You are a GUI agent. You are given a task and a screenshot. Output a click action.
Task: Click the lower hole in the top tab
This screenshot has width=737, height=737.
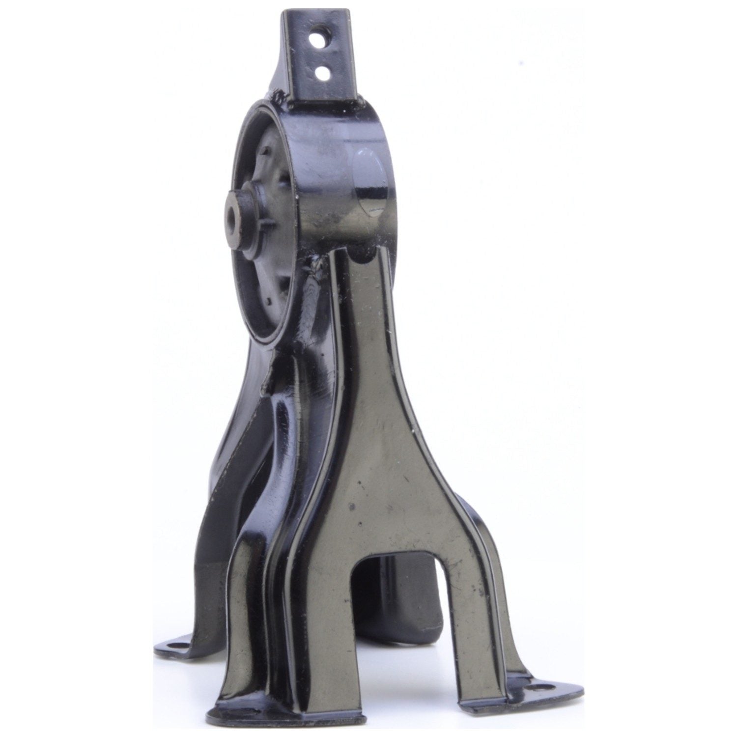coord(323,73)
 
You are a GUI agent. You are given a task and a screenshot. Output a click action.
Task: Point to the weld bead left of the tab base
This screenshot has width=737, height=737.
coord(283,93)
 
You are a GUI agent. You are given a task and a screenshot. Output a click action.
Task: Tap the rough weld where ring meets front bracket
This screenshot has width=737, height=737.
coord(312,265)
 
